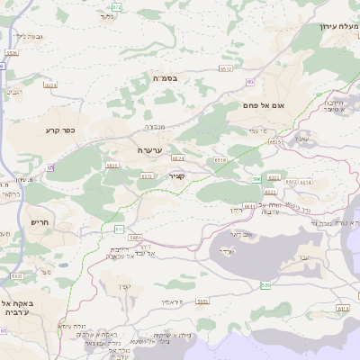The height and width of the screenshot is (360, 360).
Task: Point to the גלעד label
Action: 107,16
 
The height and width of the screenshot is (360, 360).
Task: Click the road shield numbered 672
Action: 117,7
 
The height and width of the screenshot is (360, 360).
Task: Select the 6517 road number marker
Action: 226,68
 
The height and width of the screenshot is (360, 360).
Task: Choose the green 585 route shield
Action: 265,285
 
